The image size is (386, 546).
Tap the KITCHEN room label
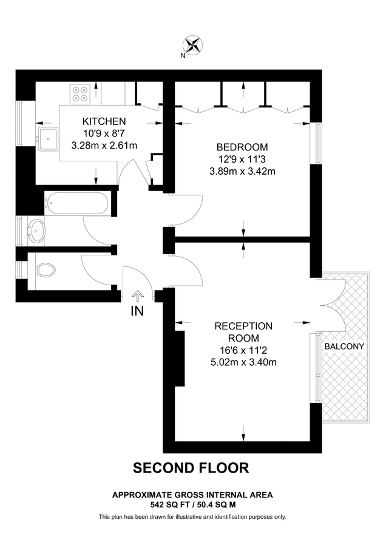click(104, 121)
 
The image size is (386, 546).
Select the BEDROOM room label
click(242, 147)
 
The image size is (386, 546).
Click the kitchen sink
click(47, 138)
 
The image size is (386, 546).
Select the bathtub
click(77, 203)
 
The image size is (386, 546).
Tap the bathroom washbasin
click(37, 231)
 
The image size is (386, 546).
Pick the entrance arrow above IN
click(138, 295)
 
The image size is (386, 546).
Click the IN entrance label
click(138, 311)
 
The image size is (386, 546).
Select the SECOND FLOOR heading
click(191, 468)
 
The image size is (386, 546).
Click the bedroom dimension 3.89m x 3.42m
click(242, 170)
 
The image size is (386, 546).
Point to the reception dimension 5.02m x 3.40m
click(244, 363)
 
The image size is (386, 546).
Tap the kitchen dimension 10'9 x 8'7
click(104, 133)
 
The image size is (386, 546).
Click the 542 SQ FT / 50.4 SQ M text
click(192, 504)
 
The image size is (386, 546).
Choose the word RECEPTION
click(244, 326)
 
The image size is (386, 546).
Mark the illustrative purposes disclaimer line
click(192, 517)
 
